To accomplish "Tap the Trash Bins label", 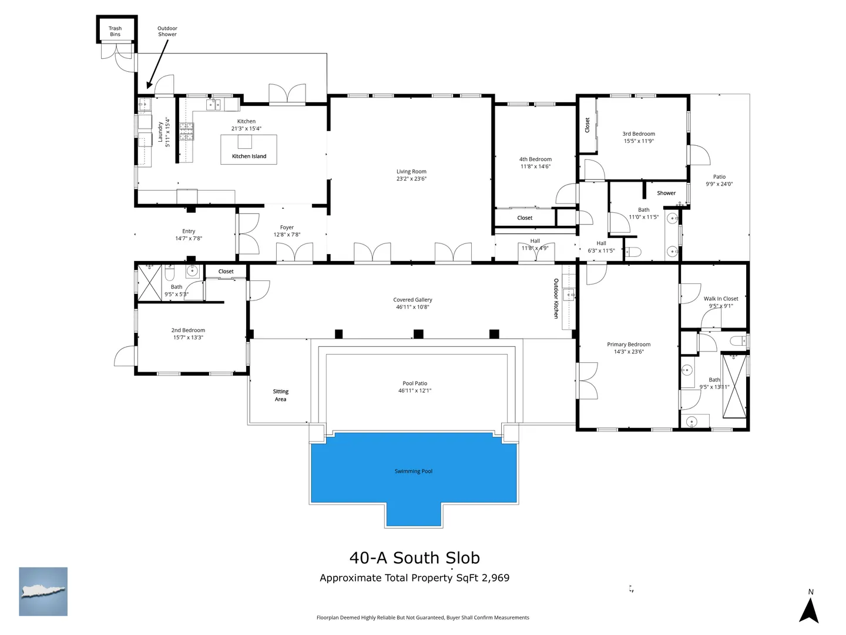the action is (115, 31).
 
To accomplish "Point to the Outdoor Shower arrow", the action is (157, 64).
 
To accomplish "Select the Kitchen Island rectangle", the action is (249, 149).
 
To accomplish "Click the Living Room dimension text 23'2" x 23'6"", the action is (411, 179).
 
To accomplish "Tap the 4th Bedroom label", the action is (535, 159).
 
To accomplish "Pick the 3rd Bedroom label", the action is (639, 134).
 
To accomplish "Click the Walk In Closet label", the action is (721, 299).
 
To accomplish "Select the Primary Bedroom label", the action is (629, 345).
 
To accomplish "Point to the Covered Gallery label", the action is (412, 300).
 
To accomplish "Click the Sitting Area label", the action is (281, 395).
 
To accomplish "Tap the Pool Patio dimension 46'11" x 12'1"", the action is (415, 390).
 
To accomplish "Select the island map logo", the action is (43, 591).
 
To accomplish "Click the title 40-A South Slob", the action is (415, 558).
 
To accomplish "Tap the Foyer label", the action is (287, 228).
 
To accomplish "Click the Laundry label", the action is (160, 132).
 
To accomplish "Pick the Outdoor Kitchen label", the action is (556, 299).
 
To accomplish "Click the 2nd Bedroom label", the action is (188, 330).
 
